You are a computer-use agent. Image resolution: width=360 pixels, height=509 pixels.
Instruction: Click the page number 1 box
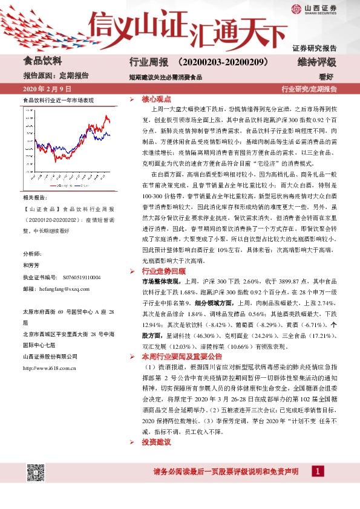tap(318, 471)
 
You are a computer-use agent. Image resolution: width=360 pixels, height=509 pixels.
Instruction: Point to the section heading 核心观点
tap(156, 99)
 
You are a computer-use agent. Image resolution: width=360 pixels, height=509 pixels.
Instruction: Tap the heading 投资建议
tap(156, 443)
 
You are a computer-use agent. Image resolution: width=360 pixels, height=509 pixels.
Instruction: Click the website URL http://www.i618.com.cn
tap(49, 367)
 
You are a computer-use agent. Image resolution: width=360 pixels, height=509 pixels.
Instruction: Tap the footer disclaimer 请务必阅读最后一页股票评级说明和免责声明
tap(226, 472)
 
